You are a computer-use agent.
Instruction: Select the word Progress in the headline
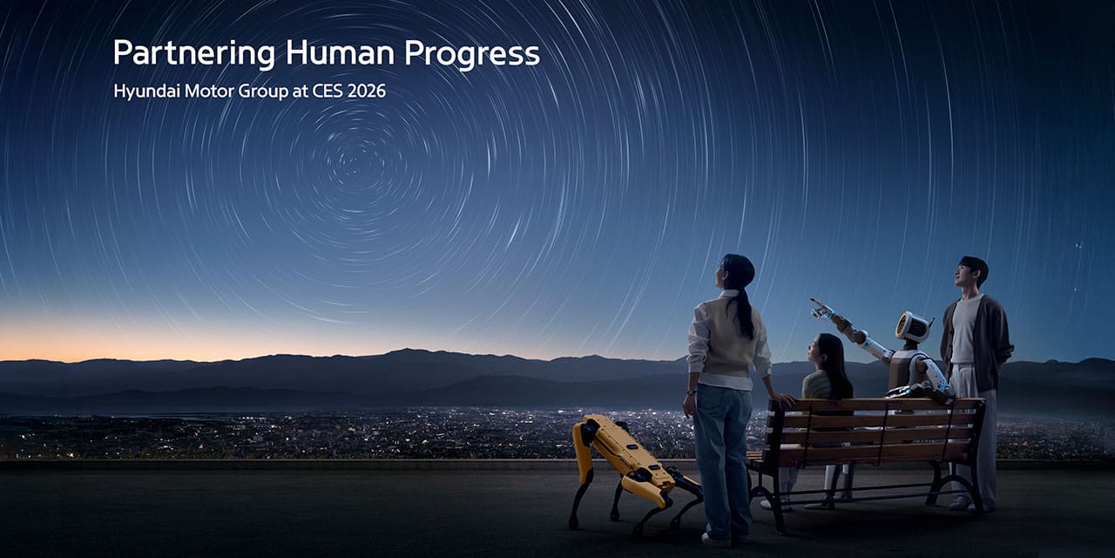click(x=471, y=54)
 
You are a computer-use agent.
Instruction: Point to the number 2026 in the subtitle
click(x=366, y=91)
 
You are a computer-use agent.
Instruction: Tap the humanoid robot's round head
click(x=912, y=327)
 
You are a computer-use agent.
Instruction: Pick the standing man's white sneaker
click(x=958, y=503)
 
